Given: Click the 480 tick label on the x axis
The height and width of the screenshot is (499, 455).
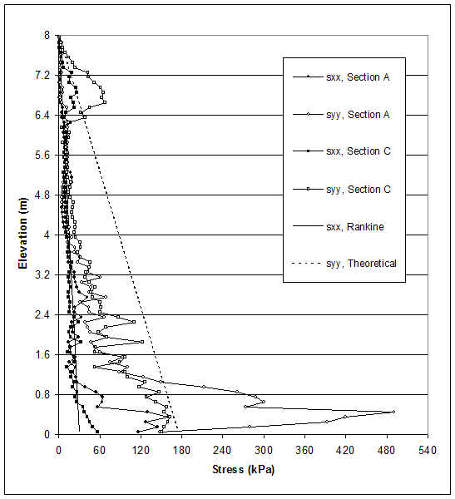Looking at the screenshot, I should click(387, 450).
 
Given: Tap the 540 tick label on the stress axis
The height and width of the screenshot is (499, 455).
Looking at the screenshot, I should click(428, 450).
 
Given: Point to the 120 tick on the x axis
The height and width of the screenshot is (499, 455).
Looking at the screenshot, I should click(141, 450).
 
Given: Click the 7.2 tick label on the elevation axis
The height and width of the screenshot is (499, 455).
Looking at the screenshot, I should click(42, 75).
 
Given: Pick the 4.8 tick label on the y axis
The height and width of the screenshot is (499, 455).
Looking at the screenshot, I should click(42, 195).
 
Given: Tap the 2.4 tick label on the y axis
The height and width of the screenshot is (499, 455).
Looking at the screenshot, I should click(42, 314).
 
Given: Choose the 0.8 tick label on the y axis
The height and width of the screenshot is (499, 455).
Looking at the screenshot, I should click(42, 394).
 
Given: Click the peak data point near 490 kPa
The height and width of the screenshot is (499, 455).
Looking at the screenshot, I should click(393, 412).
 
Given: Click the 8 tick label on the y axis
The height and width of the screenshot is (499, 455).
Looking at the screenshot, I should click(47, 35).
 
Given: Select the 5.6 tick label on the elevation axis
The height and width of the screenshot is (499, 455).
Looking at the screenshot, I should click(42, 155).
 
